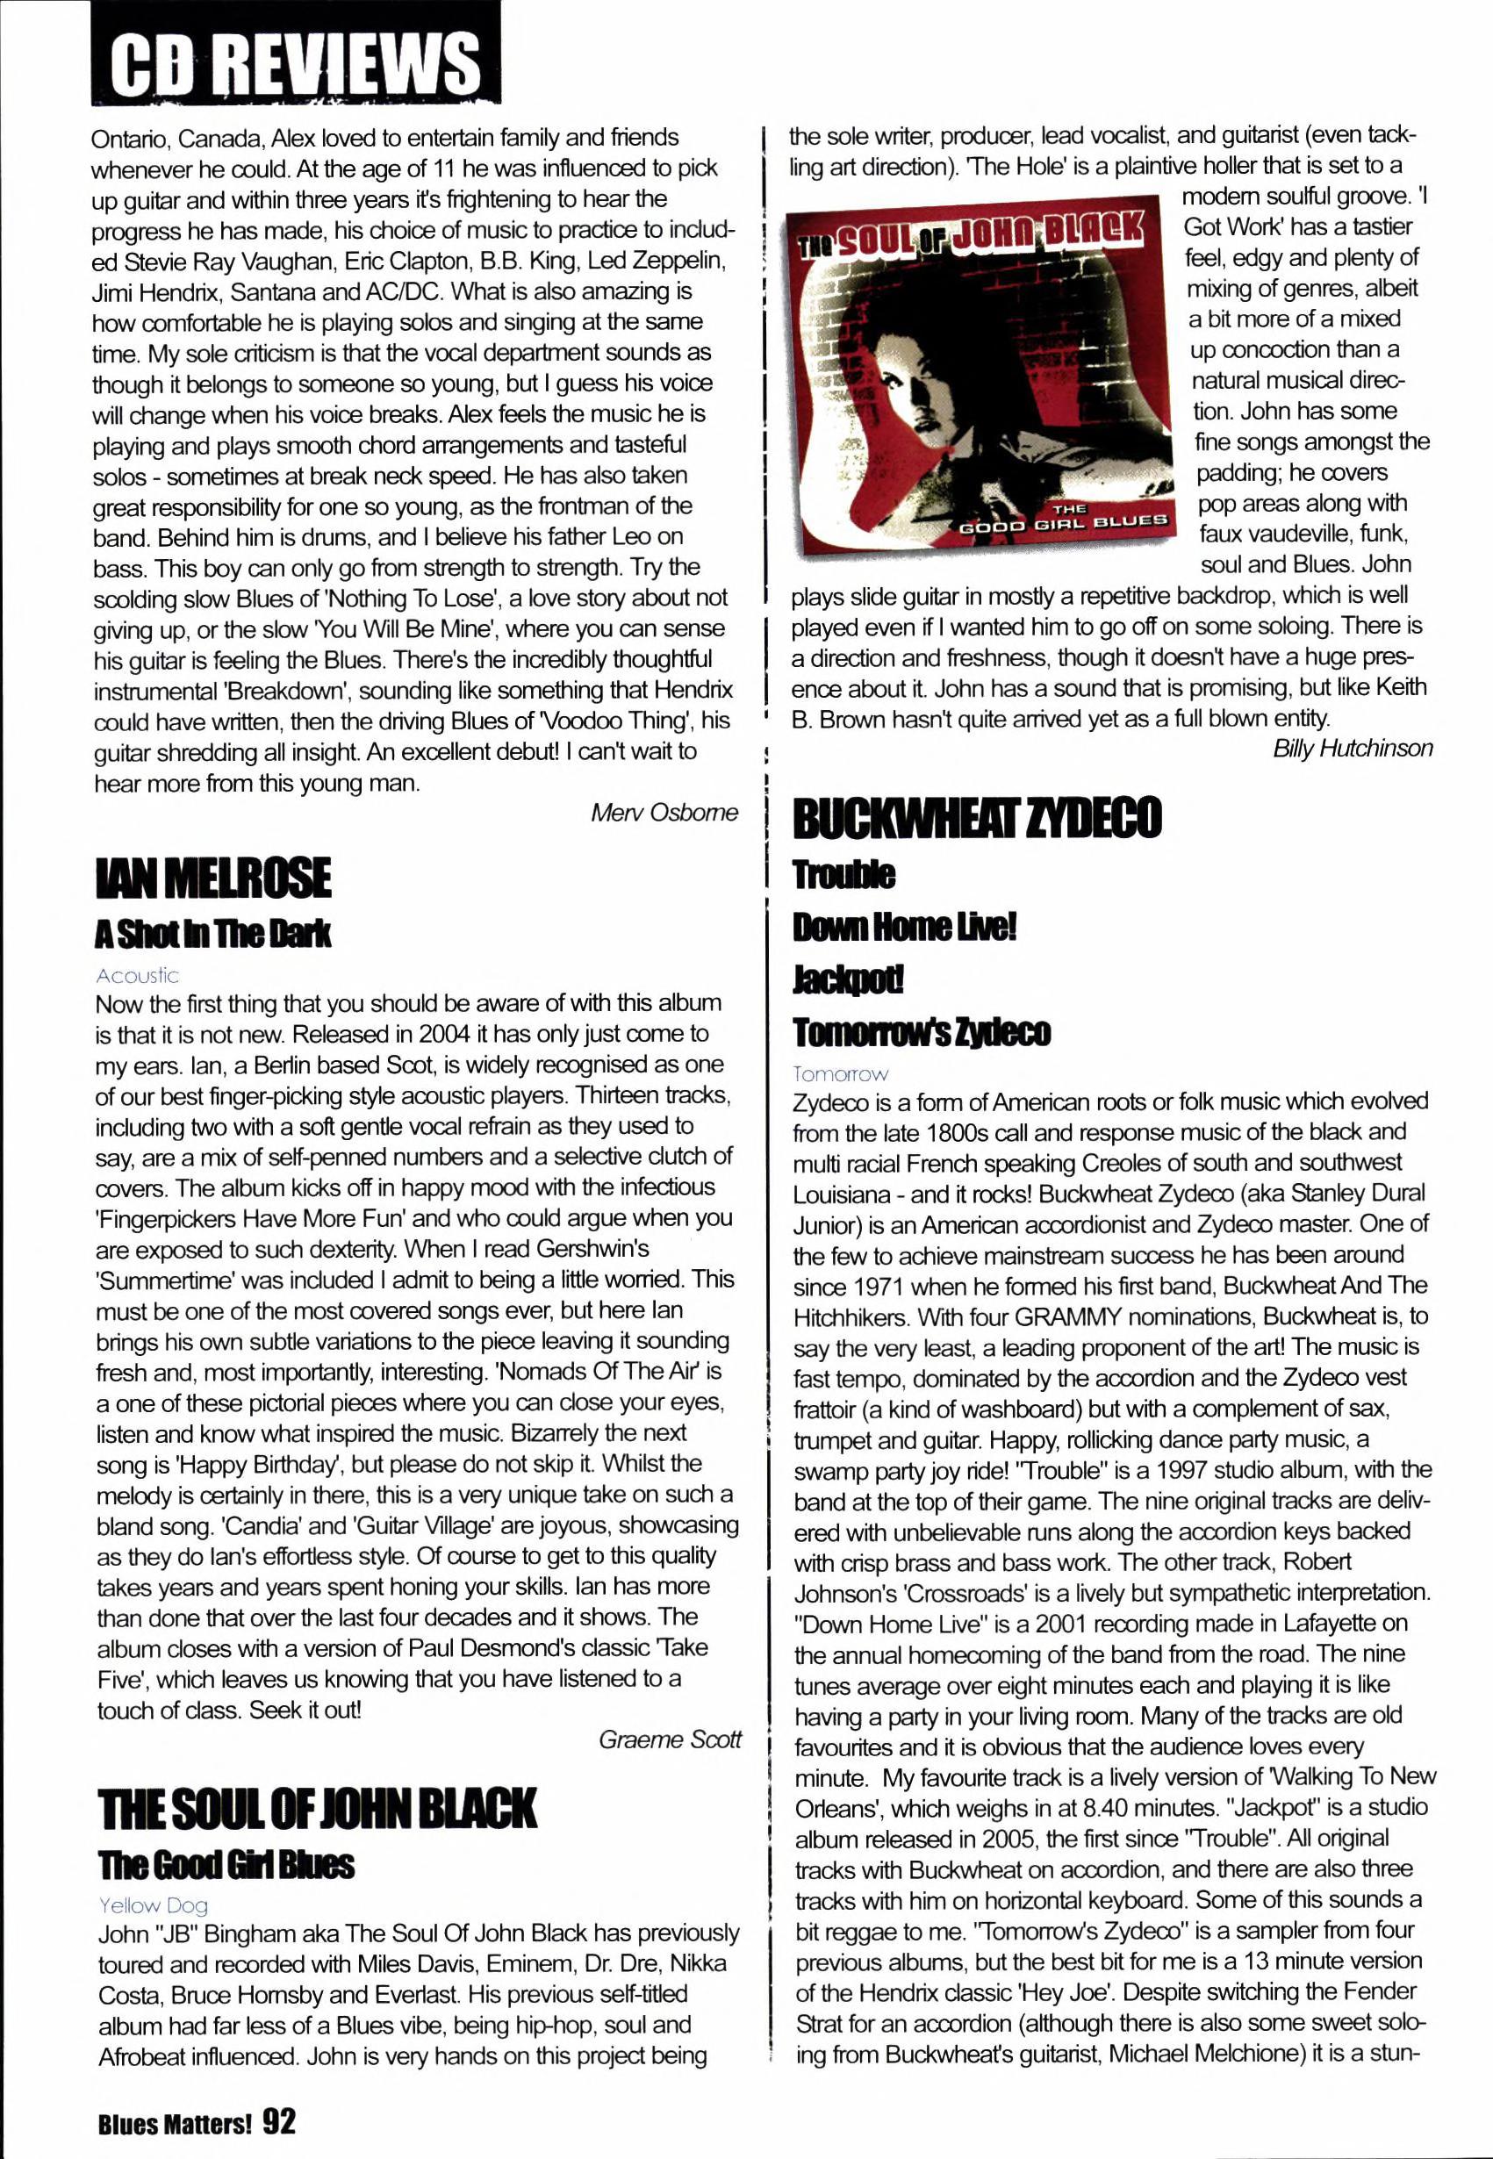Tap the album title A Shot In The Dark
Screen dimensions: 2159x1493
[x=213, y=934]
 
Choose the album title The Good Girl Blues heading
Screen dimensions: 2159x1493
[x=226, y=1864]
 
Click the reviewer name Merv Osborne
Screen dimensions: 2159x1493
[x=664, y=812]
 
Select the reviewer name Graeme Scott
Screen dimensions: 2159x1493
[x=670, y=1739]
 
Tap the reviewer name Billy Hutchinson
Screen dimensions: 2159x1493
[x=1352, y=748]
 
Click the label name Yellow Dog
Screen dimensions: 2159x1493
[x=154, y=1904]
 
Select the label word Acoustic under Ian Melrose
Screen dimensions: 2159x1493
[x=137, y=976]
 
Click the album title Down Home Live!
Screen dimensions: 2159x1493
[x=904, y=927]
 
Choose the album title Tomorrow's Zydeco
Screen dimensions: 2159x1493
[x=922, y=1032]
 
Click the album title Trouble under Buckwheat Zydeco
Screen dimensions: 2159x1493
[x=843, y=875]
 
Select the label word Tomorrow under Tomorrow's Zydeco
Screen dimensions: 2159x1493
[x=840, y=1074]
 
